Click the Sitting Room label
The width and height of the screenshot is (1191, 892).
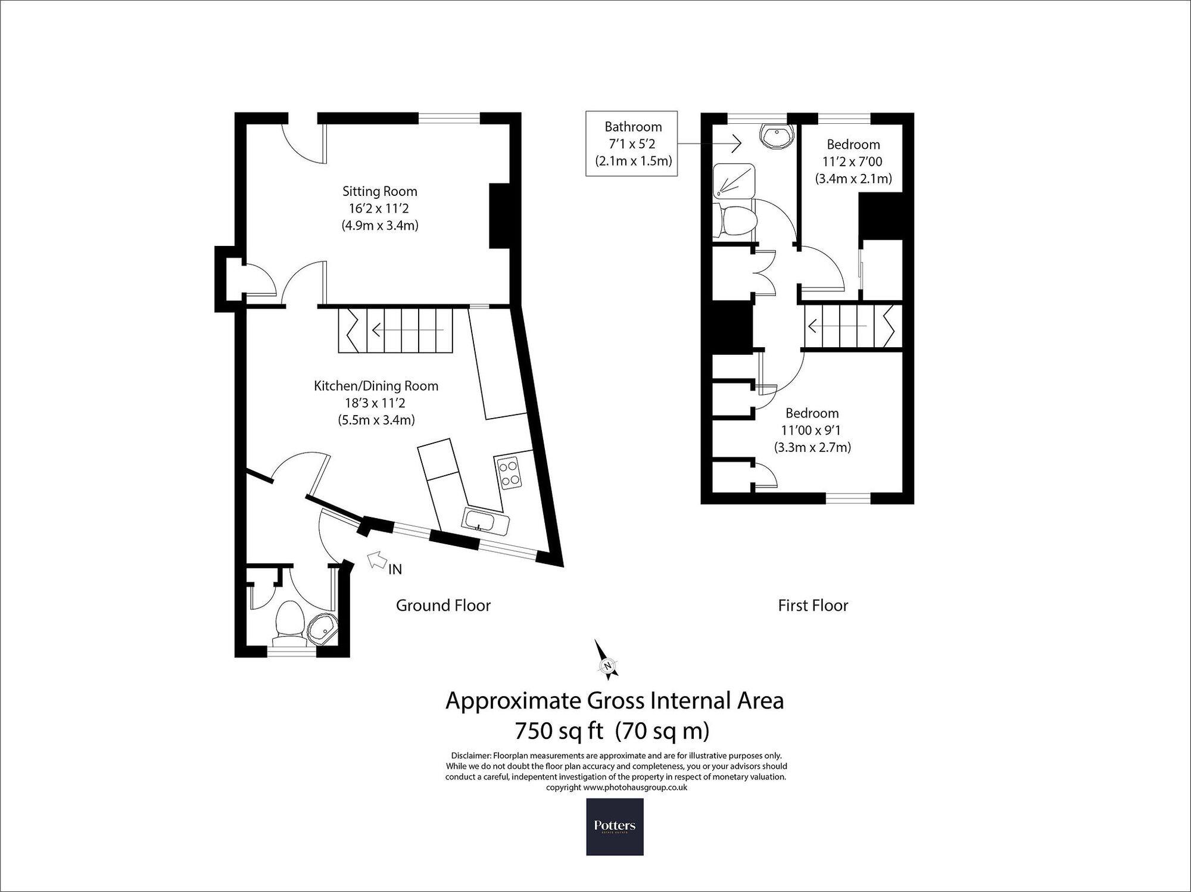[x=379, y=191]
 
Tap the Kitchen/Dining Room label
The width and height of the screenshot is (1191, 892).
[x=376, y=385]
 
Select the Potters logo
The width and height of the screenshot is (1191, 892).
[x=615, y=826]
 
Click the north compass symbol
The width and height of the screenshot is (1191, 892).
[x=607, y=661]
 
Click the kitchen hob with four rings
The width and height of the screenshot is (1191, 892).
[x=509, y=472]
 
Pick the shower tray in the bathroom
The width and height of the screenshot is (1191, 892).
[x=734, y=181]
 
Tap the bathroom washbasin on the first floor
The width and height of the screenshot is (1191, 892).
[x=776, y=137]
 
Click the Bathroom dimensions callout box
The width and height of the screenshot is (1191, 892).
[x=632, y=144]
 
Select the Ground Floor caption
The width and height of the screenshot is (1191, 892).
[x=443, y=606]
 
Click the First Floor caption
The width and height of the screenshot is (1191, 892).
[x=813, y=606]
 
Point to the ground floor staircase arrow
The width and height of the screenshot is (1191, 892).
[x=407, y=329]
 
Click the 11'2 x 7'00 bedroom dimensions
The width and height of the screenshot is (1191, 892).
[x=853, y=161]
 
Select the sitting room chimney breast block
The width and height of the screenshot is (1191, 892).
[x=499, y=216]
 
